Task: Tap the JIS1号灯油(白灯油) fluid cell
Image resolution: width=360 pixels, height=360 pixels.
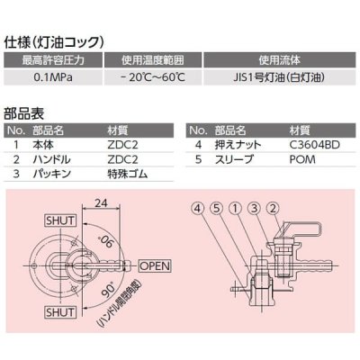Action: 280,77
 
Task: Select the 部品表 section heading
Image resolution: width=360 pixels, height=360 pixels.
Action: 24,115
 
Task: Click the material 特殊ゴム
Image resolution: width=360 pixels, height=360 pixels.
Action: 126,170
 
